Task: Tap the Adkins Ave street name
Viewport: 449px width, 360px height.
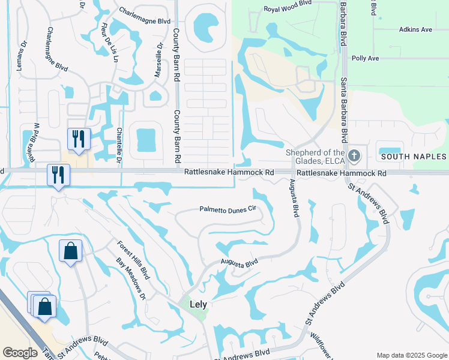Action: coord(415,29)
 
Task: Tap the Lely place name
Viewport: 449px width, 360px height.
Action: coord(198,304)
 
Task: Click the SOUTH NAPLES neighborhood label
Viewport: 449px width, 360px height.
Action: coord(414,157)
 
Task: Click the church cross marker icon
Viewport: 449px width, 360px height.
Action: coord(354,156)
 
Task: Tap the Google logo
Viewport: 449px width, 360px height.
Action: coord(20,353)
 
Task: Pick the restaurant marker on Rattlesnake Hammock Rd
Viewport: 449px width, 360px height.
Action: coord(58,175)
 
